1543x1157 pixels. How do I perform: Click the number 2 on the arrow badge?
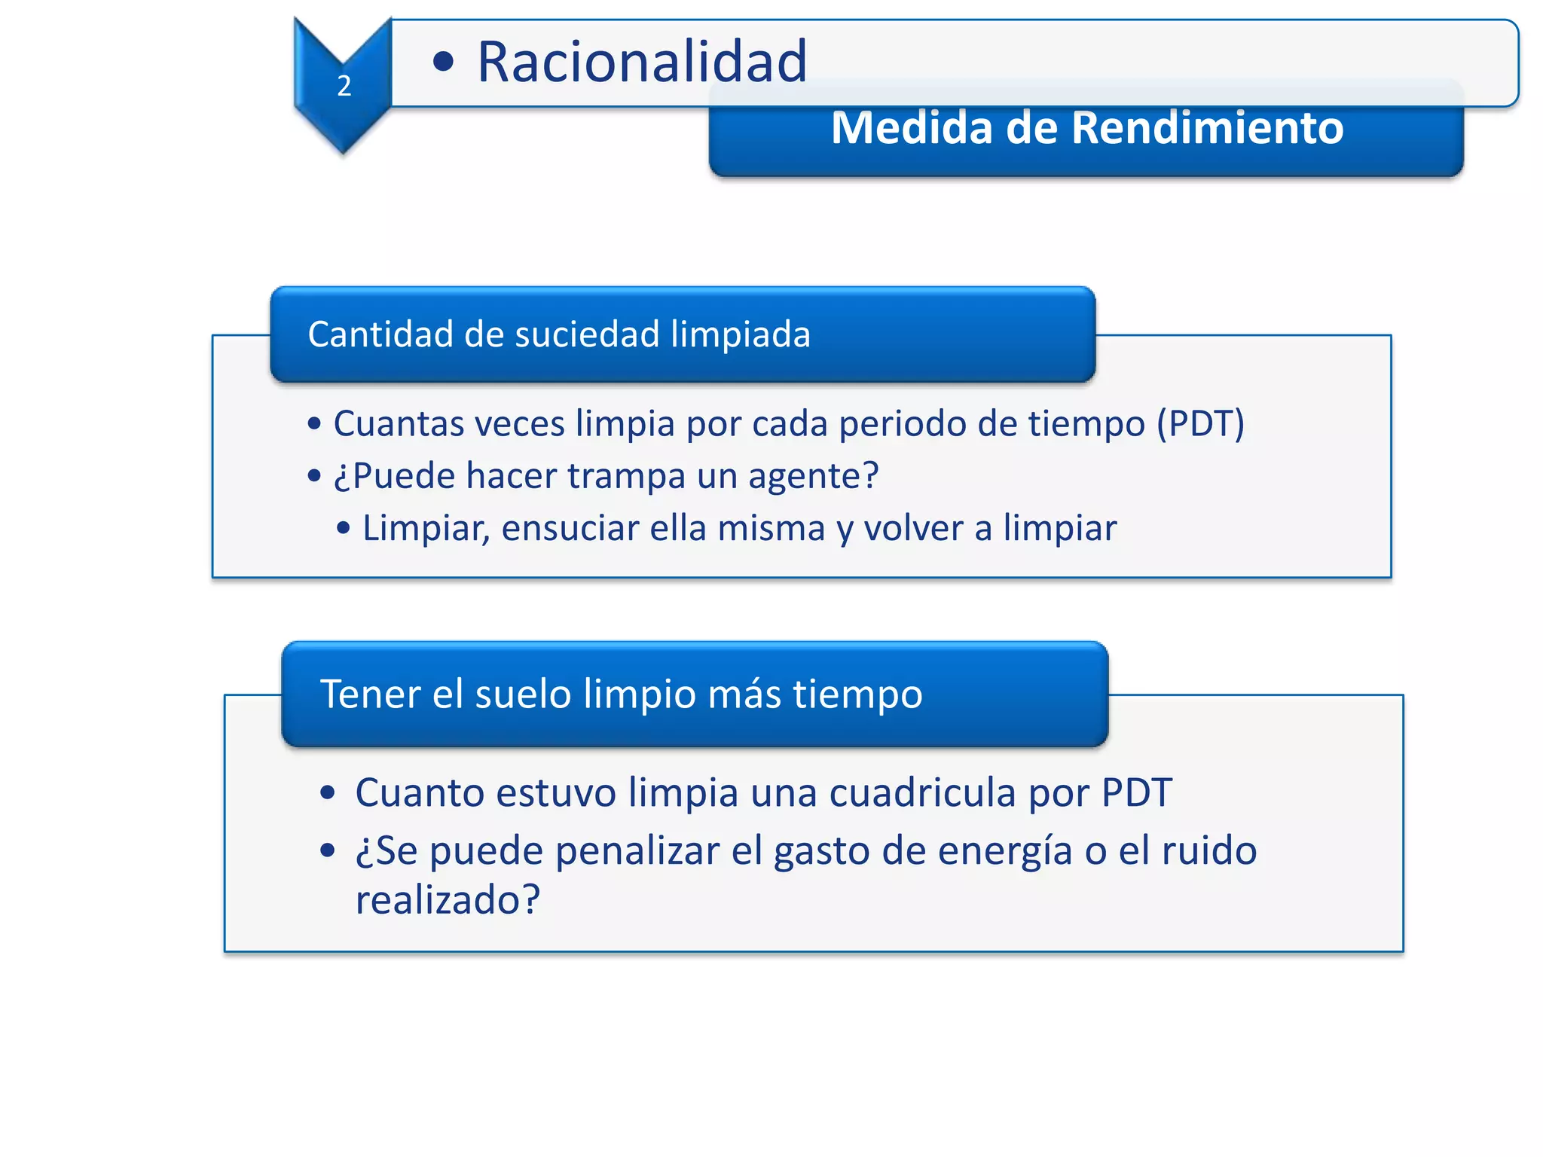(344, 86)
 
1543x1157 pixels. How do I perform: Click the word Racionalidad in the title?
(642, 62)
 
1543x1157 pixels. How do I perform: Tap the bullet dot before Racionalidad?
(444, 63)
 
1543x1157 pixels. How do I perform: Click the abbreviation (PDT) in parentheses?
(1200, 423)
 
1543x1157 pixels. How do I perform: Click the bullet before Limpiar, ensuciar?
(344, 529)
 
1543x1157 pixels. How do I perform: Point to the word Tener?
(370, 694)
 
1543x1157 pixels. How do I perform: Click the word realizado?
(448, 900)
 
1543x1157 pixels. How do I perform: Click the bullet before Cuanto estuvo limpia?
(327, 793)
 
